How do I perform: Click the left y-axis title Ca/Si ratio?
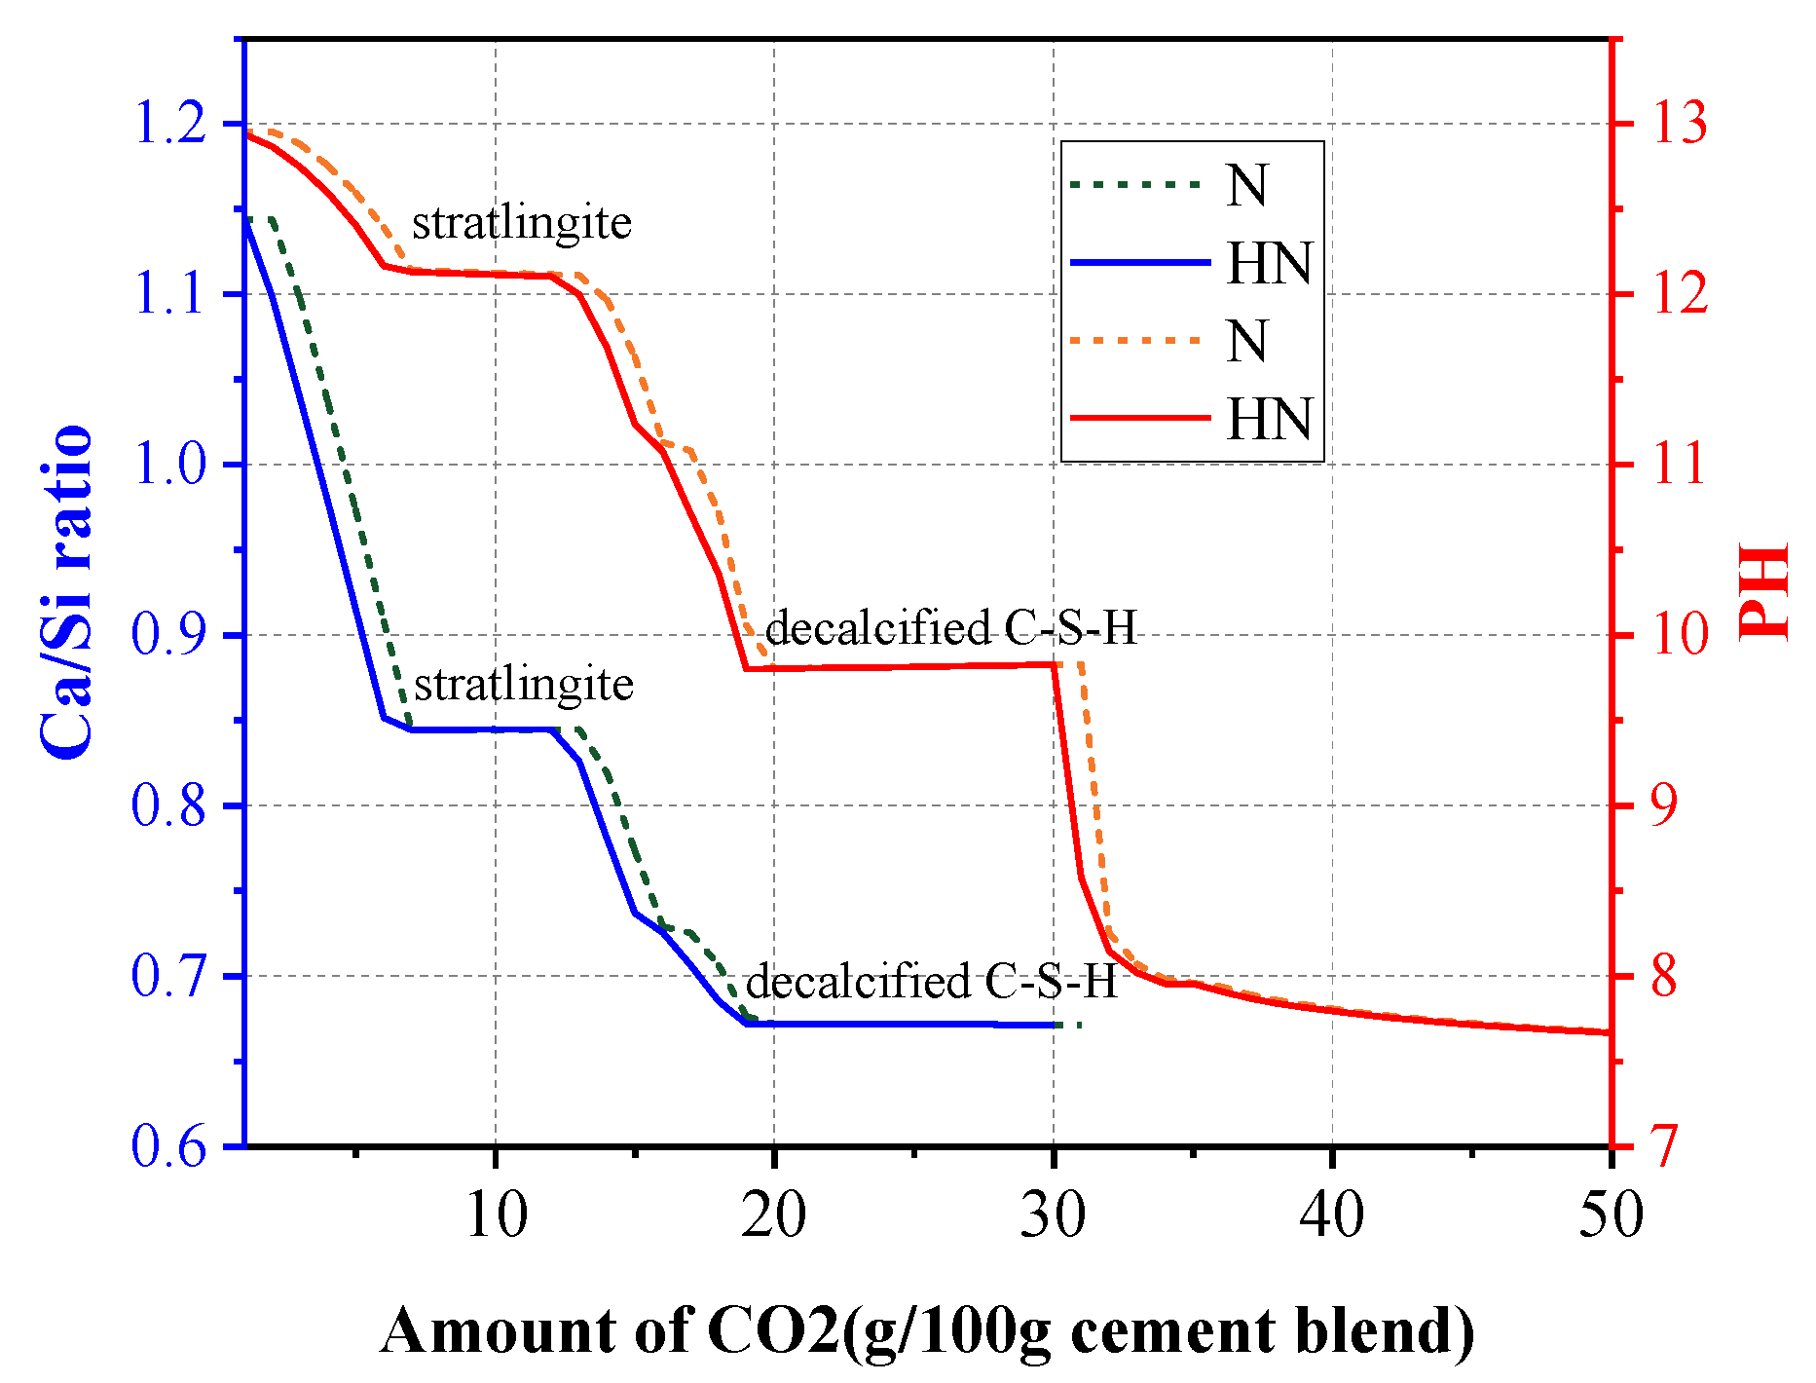coord(66,592)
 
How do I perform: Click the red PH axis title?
coord(1764,592)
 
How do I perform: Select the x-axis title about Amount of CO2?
coord(927,1330)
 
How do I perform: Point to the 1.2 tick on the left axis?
coord(169,125)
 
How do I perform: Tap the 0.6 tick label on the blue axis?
coord(169,1147)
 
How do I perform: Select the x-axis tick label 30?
coord(1054,1215)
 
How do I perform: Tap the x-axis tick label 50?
coord(1611,1215)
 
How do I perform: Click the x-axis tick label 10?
coord(497,1215)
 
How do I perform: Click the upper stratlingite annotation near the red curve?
coord(522,223)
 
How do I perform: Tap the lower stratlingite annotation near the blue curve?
coord(524,685)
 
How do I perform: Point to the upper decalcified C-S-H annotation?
coord(951,629)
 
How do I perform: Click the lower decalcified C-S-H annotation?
coord(931,982)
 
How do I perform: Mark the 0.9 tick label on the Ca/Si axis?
coord(169,635)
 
